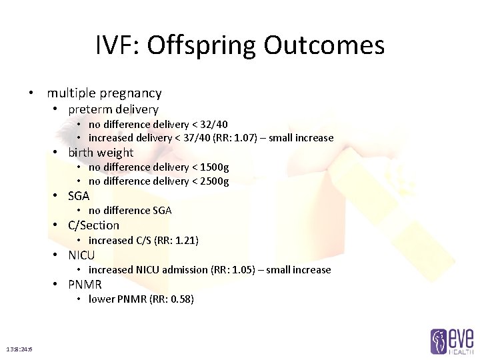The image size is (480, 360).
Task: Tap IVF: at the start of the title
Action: pyautogui.click(x=117, y=45)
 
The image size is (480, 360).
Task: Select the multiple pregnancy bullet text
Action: pyautogui.click(x=104, y=93)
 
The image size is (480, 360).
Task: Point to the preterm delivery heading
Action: pyautogui.click(x=113, y=109)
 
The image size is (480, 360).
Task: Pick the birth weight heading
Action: pyautogui.click(x=101, y=153)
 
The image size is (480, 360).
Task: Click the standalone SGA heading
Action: pyautogui.click(x=79, y=196)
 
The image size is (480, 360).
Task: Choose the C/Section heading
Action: pyautogui.click(x=93, y=225)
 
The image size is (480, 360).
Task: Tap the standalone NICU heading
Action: pyautogui.click(x=81, y=255)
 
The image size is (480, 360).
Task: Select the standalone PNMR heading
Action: pyautogui.click(x=85, y=285)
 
